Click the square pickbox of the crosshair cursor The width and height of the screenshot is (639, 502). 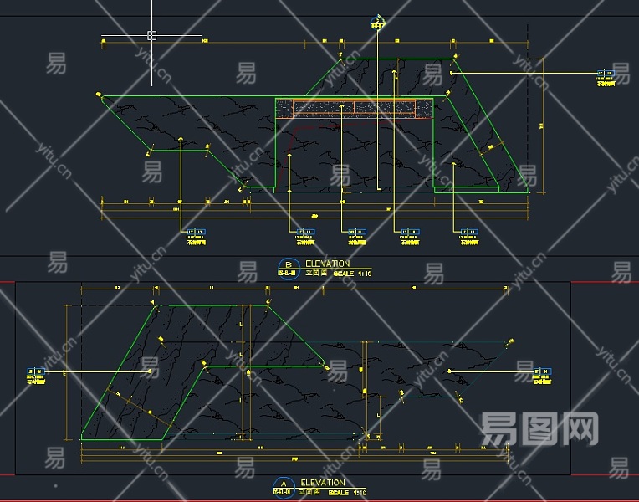pyautogui.click(x=152, y=35)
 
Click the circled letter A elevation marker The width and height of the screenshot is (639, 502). pyautogui.click(x=283, y=485)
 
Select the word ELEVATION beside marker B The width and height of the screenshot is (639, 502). pyautogui.click(x=328, y=264)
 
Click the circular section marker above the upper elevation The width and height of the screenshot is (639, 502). pyautogui.click(x=377, y=21)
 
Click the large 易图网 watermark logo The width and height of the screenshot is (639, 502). pyautogui.click(x=540, y=428)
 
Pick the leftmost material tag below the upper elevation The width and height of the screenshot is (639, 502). pyautogui.click(x=196, y=235)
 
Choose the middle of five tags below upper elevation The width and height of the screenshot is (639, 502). pyautogui.click(x=358, y=235)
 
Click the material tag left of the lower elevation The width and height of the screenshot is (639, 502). pyautogui.click(x=35, y=374)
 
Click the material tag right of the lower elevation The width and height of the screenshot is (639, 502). pyautogui.click(x=544, y=374)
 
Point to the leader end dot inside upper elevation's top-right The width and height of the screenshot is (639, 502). pyautogui.click(x=452, y=74)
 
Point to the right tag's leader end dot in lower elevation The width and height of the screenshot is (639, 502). pyautogui.click(x=449, y=371)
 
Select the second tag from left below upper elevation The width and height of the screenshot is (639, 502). pyautogui.click(x=303, y=235)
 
